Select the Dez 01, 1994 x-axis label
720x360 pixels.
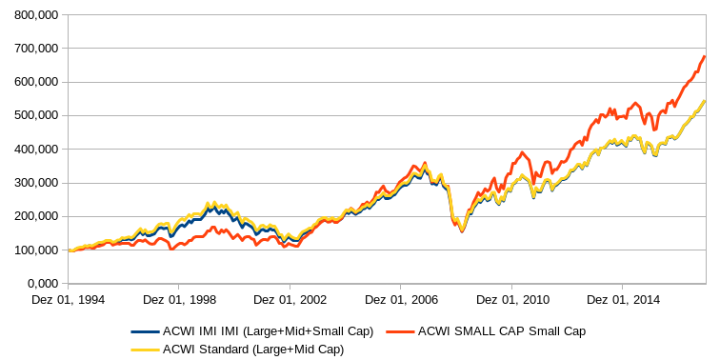[x=69, y=300]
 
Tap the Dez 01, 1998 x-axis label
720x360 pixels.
[x=179, y=300]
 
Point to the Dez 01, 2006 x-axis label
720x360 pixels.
[x=401, y=300]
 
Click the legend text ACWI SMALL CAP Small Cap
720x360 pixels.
[x=501, y=331]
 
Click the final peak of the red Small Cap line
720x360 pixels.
[x=704, y=56]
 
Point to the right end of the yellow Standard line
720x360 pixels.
[x=704, y=101]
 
